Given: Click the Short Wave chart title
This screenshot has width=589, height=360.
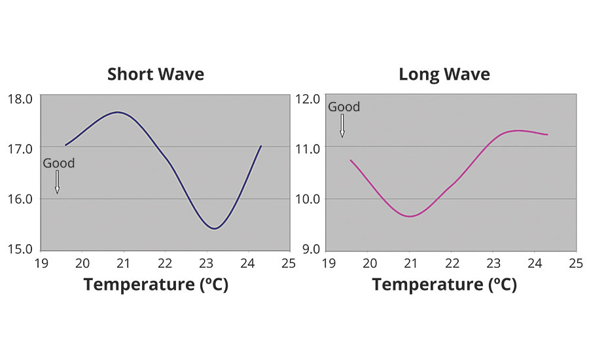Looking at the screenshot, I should pyautogui.click(x=156, y=74).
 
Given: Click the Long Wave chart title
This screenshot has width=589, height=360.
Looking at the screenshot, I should pyautogui.click(x=444, y=74).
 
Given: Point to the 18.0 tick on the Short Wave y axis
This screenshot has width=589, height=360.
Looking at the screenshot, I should pyautogui.click(x=20, y=99).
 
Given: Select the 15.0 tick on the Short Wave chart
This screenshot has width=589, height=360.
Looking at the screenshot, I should pyautogui.click(x=20, y=249).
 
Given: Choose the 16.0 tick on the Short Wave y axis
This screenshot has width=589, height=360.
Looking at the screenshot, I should pyautogui.click(x=20, y=198).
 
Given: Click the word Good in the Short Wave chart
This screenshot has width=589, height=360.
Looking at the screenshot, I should pyautogui.click(x=59, y=163).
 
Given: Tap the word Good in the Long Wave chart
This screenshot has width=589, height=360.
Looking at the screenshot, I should pyautogui.click(x=344, y=107).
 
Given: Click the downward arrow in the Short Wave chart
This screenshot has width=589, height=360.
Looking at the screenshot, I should pyautogui.click(x=58, y=182).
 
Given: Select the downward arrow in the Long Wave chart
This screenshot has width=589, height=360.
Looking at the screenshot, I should pyautogui.click(x=342, y=126).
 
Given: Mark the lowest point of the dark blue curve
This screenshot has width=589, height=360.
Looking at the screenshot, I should pyautogui.click(x=214, y=228).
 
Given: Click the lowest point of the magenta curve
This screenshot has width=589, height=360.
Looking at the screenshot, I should pyautogui.click(x=410, y=216).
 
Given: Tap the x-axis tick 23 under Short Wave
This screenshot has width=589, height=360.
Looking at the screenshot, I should pyautogui.click(x=207, y=263).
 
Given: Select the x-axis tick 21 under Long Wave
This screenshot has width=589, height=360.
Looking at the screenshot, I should pyautogui.click(x=410, y=263).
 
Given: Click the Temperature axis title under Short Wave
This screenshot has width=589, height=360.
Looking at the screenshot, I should pyautogui.click(x=155, y=285).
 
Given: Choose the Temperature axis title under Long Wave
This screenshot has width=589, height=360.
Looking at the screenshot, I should pyautogui.click(x=444, y=285).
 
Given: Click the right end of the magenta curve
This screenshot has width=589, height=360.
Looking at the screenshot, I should pyautogui.click(x=547, y=134).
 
